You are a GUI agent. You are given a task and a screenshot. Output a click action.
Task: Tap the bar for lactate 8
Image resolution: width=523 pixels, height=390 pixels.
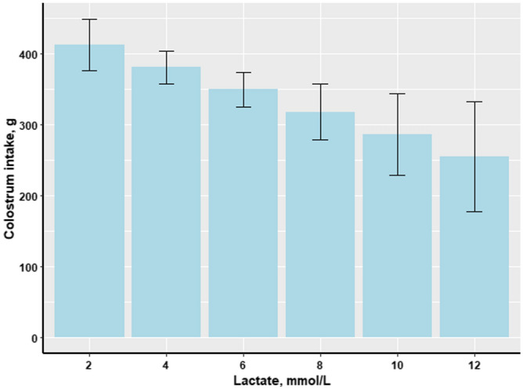320,235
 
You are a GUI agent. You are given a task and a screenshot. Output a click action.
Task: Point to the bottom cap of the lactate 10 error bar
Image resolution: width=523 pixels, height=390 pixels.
397,175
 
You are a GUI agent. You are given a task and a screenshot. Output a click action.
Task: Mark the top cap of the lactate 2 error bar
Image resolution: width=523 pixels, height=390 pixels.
89,20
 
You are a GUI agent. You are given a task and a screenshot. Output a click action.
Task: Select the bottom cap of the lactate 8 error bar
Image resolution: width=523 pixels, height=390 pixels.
320,140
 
